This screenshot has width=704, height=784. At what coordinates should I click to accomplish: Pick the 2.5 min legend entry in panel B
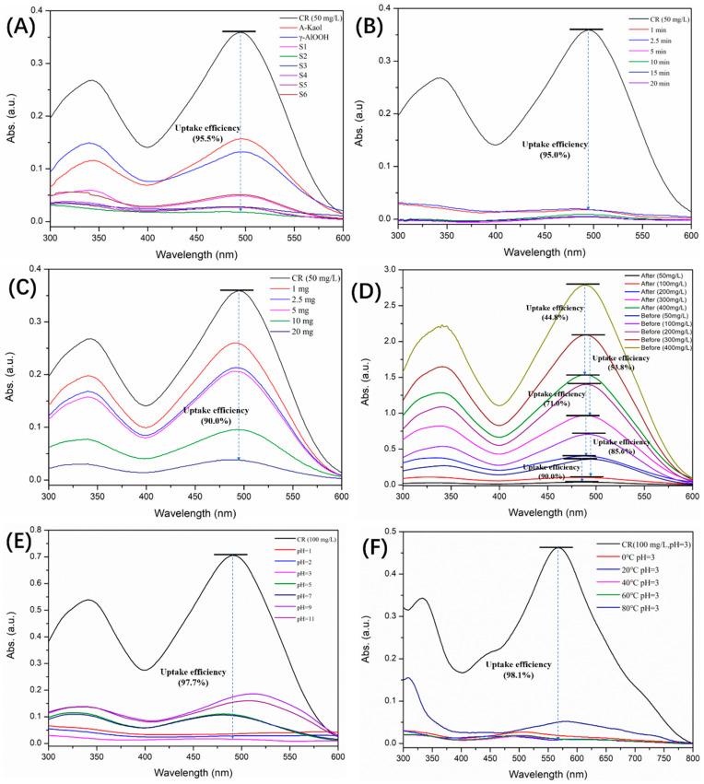(640, 45)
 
